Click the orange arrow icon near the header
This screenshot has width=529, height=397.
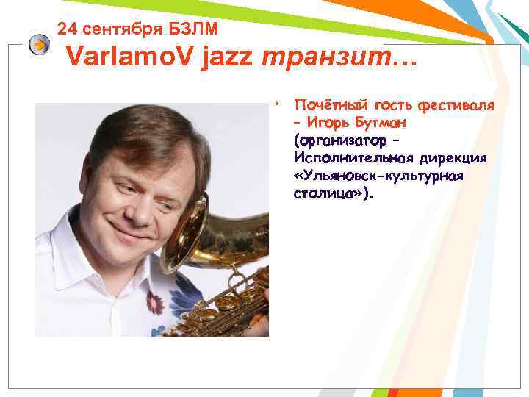(x=40, y=46)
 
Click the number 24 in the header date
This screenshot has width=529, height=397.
(x=67, y=29)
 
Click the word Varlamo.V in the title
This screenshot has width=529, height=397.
(x=128, y=58)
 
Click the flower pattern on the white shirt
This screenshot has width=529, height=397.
(x=155, y=301)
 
